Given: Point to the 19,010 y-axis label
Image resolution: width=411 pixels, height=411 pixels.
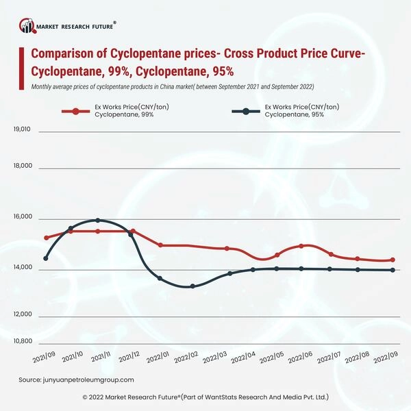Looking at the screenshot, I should (23, 129).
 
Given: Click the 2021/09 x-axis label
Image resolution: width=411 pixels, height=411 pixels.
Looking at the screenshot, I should (45, 358).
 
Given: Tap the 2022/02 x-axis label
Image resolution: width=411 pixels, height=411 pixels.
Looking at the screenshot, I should (186, 358).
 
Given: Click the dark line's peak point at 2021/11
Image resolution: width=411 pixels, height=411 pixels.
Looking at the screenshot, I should (98, 221).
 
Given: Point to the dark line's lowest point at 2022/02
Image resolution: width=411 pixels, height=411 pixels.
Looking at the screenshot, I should (192, 286).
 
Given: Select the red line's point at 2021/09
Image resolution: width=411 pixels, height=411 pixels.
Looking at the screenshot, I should (46, 238).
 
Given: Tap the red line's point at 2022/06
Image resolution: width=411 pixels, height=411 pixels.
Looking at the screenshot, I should (301, 246).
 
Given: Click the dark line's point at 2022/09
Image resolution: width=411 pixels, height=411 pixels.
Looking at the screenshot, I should (393, 270).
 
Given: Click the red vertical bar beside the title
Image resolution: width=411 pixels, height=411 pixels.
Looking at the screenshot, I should (23, 63).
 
